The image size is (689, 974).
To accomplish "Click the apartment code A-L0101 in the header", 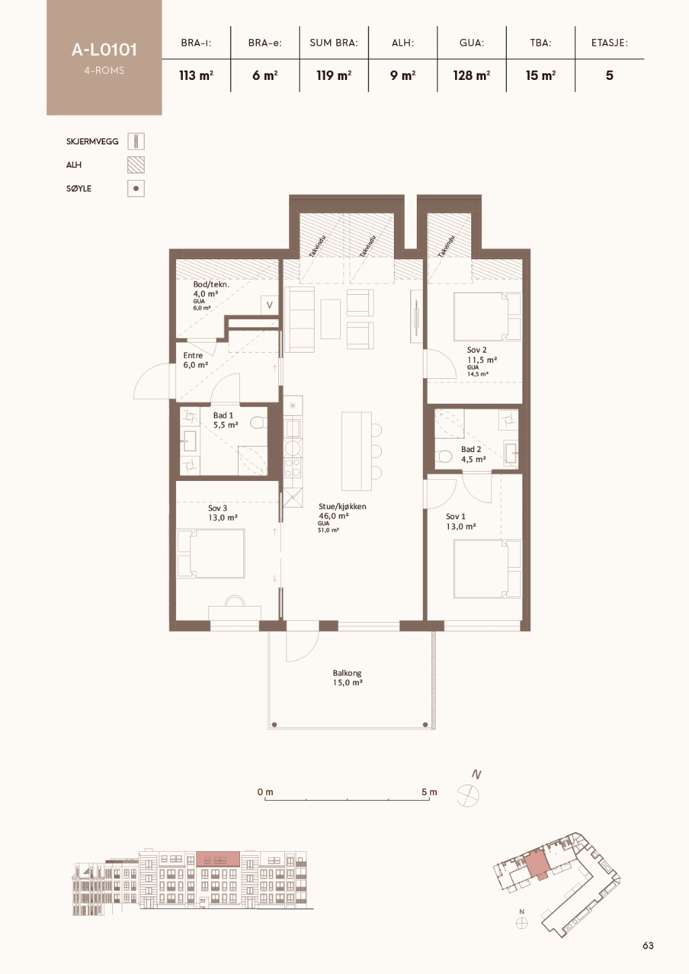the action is click(x=104, y=50).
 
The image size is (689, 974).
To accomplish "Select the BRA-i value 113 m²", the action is click(x=196, y=76).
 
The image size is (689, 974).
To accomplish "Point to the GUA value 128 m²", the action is click(x=471, y=76).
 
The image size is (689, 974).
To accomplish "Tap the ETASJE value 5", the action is click(x=610, y=76).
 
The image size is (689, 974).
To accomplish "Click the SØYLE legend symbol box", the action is click(x=136, y=189).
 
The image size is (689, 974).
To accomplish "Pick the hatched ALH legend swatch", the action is click(x=136, y=165).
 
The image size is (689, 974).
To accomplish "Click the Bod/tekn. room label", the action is click(x=211, y=284).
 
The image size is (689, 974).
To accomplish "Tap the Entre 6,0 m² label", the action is click(x=196, y=361).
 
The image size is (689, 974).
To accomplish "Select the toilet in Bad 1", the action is click(x=257, y=423).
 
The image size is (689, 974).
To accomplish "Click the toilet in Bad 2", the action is click(x=443, y=456).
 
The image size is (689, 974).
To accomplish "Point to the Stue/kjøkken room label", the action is click(x=342, y=506).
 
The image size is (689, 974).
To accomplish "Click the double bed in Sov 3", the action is click(x=210, y=554).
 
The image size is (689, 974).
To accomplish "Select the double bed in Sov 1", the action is click(x=487, y=569).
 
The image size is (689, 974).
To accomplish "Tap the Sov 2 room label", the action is click(x=477, y=350).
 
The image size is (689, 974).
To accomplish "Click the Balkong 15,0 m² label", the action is click(x=348, y=678).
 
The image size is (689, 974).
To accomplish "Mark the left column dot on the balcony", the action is click(x=274, y=725).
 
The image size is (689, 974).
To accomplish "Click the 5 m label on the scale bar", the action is click(x=429, y=792).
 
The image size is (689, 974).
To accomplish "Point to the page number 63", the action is click(x=648, y=945).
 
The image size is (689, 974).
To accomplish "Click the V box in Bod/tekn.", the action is click(x=270, y=305).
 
